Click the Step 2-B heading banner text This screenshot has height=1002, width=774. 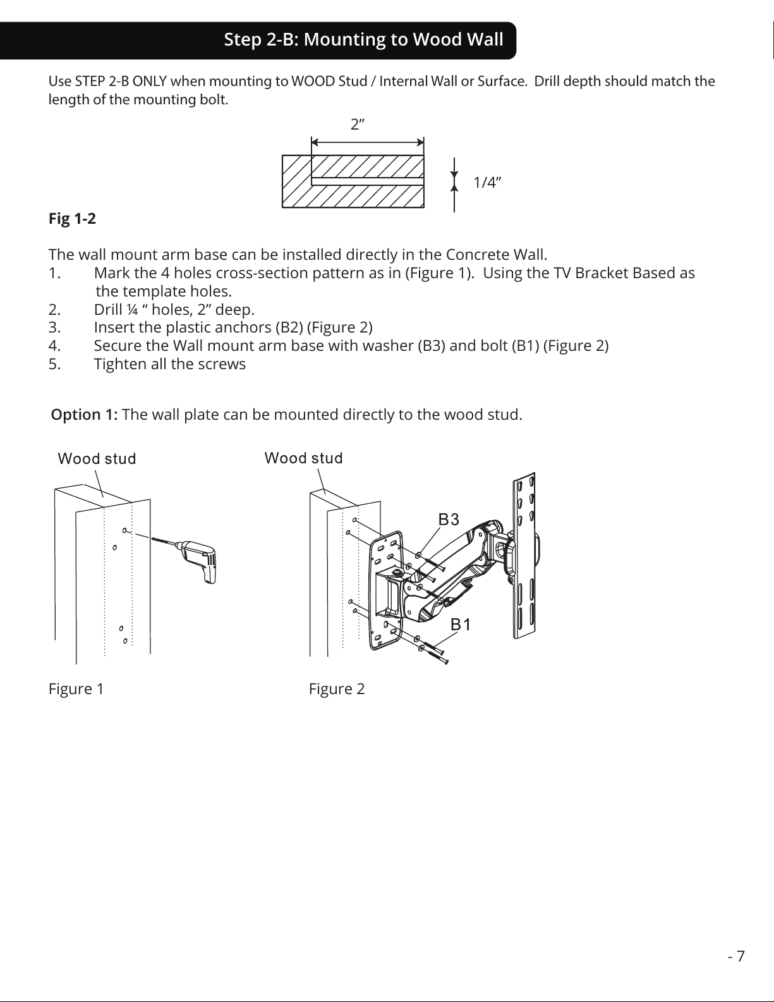point(363,40)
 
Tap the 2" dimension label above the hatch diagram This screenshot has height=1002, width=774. point(358,125)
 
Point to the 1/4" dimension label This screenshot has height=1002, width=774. point(487,183)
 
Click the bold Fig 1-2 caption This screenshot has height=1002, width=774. point(72,219)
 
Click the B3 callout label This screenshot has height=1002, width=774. point(449,520)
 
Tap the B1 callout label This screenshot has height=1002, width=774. point(461,625)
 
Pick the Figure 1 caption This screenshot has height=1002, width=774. point(76,688)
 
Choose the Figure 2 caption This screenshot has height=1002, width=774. point(336,688)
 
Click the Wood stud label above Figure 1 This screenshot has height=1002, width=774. point(97,458)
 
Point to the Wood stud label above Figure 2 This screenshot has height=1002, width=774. point(303,458)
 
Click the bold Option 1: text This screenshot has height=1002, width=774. point(84,415)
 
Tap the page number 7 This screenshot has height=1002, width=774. point(741,956)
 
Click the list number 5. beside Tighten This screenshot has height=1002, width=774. point(54,364)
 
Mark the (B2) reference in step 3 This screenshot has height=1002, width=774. point(288,327)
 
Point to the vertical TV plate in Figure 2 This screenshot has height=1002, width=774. point(524,556)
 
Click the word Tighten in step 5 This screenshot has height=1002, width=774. point(121,364)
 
